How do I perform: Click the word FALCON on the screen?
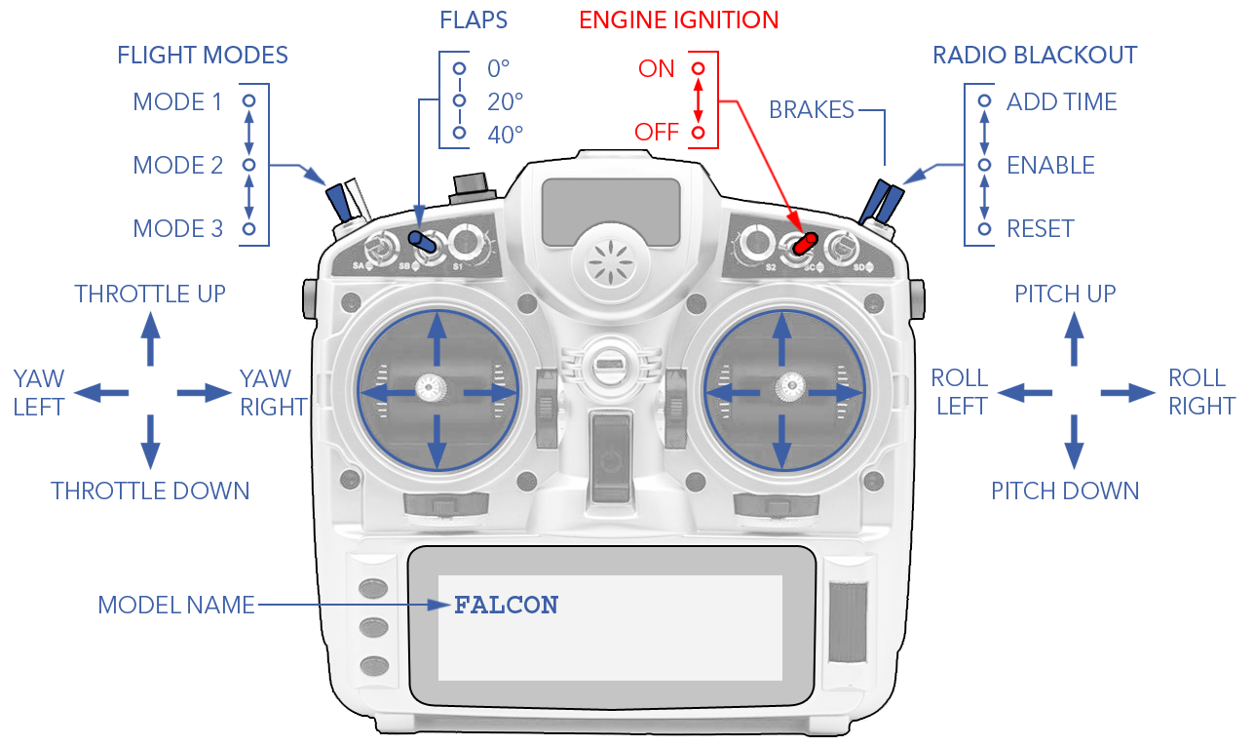(x=506, y=606)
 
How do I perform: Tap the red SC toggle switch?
(x=804, y=244)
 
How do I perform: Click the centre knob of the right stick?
(x=786, y=388)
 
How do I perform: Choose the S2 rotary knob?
(x=756, y=240)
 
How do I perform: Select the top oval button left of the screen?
(x=373, y=588)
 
